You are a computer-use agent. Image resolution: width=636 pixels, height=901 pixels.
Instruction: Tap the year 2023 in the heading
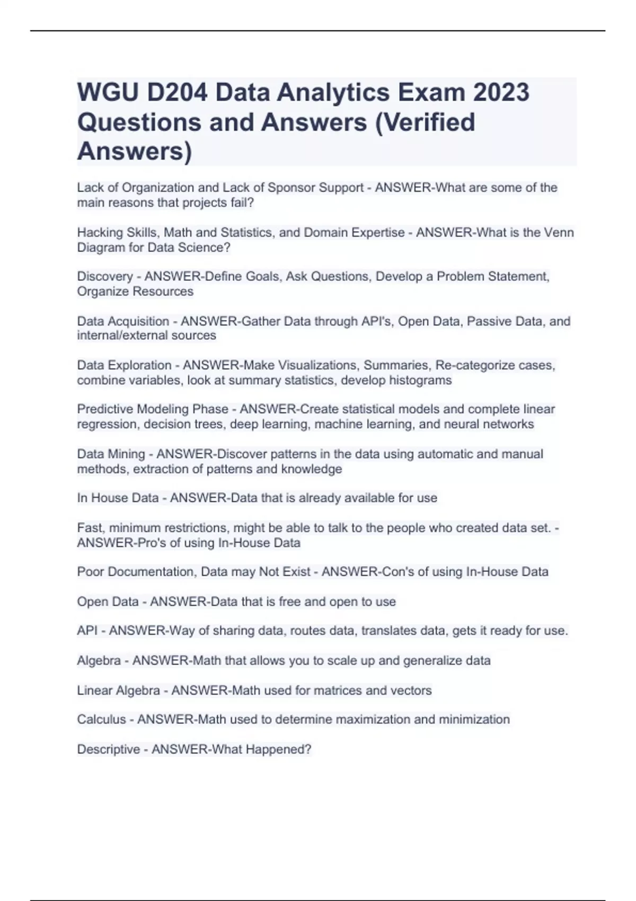[x=501, y=93]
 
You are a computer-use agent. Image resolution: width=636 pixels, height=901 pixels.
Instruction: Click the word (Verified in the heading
[x=425, y=122]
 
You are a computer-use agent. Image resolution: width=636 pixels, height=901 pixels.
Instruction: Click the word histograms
[x=420, y=381]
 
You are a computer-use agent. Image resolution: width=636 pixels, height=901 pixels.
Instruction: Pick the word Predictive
[x=105, y=409]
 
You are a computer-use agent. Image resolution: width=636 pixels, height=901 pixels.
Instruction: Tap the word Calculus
[x=101, y=720]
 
